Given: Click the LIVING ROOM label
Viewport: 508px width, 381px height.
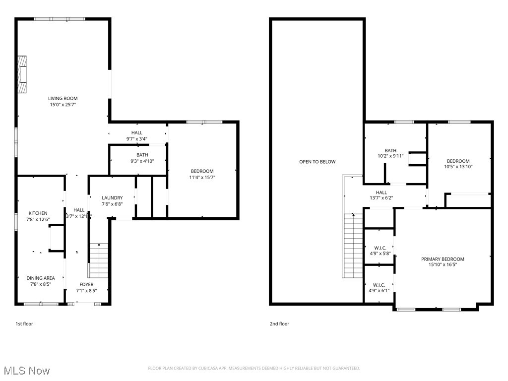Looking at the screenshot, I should (x=63, y=98).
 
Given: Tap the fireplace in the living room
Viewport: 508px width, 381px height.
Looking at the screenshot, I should (x=22, y=74).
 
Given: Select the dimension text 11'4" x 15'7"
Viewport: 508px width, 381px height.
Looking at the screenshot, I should (x=202, y=177).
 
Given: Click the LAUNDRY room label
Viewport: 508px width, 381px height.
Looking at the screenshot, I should (x=112, y=197).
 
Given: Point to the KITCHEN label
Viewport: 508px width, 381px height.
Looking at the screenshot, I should (x=38, y=213).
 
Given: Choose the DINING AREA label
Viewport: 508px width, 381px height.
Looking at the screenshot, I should (x=41, y=278).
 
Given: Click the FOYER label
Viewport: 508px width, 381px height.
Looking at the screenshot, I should (x=86, y=284).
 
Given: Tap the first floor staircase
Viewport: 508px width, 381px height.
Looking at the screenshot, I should (x=99, y=260).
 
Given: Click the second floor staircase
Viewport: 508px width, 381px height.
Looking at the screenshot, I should (x=353, y=246).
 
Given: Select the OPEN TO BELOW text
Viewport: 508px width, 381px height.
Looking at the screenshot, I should (x=317, y=162).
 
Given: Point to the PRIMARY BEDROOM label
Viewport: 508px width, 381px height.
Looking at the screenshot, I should (x=443, y=259).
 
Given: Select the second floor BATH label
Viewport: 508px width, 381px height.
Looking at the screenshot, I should (x=390, y=150).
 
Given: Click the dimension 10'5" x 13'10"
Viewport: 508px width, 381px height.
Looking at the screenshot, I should (x=458, y=167).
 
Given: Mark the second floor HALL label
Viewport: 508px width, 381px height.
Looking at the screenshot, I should (x=381, y=192).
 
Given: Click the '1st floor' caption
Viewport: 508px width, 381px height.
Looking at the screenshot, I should (x=24, y=324).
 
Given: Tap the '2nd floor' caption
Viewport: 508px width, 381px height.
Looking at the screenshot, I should (x=279, y=324).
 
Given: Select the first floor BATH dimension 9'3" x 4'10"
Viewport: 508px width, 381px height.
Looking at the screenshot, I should (x=142, y=161).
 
